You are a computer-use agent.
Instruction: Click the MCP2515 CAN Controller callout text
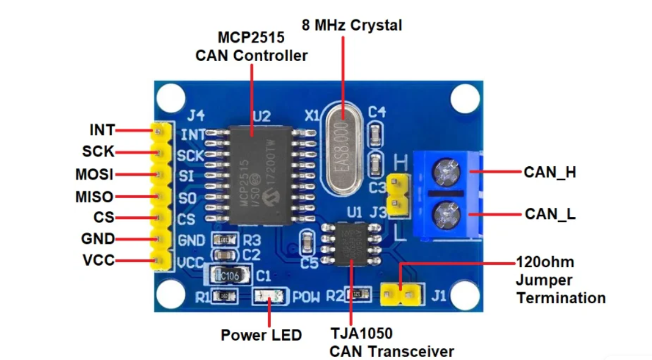click(251, 47)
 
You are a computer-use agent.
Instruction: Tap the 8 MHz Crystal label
click(352, 25)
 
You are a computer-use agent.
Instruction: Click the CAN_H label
click(550, 172)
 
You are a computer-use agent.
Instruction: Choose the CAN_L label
click(550, 214)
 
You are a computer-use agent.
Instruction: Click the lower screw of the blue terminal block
click(448, 213)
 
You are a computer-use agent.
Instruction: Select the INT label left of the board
click(102, 130)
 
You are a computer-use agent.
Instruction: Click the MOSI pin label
click(94, 174)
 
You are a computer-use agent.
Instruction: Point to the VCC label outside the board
click(98, 261)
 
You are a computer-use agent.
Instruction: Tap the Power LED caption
click(261, 335)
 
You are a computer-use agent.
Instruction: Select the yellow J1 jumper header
click(402, 293)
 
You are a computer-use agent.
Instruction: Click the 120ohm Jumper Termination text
click(560, 280)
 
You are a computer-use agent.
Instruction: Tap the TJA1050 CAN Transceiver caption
click(391, 343)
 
